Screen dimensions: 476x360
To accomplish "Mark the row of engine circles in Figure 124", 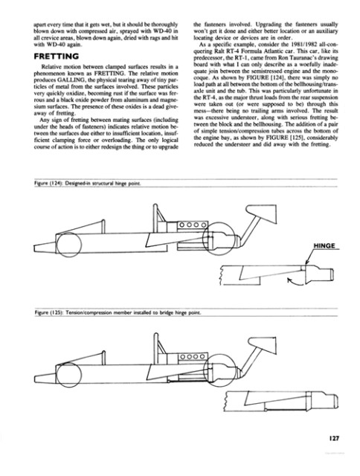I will [x=202, y=224].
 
